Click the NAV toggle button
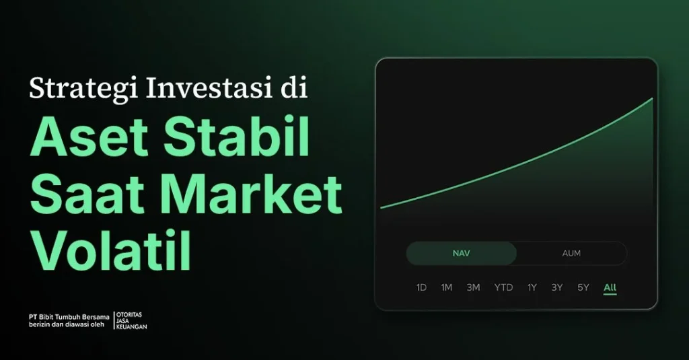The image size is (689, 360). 461,254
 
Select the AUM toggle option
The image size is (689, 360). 571,254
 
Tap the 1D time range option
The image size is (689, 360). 421,288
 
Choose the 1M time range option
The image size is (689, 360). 447,288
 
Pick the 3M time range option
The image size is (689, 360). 474,288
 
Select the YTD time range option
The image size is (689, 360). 503,288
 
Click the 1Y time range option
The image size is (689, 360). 532,288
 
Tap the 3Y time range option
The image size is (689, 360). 557,288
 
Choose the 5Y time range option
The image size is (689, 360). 583,288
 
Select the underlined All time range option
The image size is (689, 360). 610,288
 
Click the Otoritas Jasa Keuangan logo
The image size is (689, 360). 132,320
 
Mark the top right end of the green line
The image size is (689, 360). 652,99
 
